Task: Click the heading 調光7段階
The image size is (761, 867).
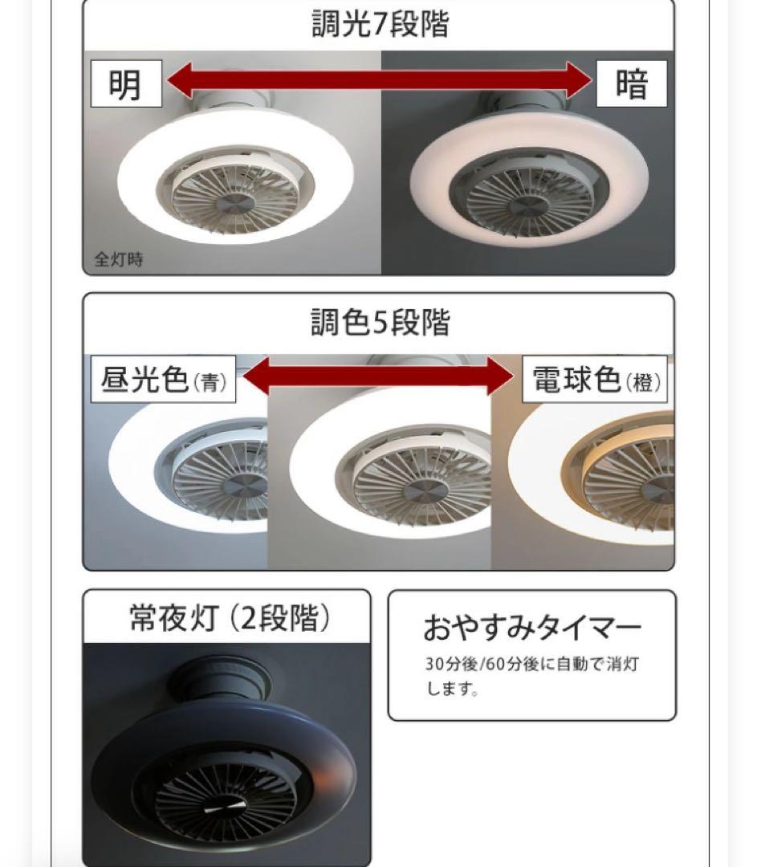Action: click(x=380, y=24)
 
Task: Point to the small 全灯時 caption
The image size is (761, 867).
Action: click(x=119, y=260)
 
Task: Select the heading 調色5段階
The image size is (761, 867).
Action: click(x=380, y=323)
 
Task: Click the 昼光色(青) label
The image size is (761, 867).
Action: click(x=164, y=380)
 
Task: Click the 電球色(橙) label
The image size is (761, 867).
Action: click(x=596, y=380)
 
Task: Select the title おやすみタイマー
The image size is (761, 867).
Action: click(x=532, y=629)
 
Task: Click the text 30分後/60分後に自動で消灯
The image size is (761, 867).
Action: click(x=532, y=666)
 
